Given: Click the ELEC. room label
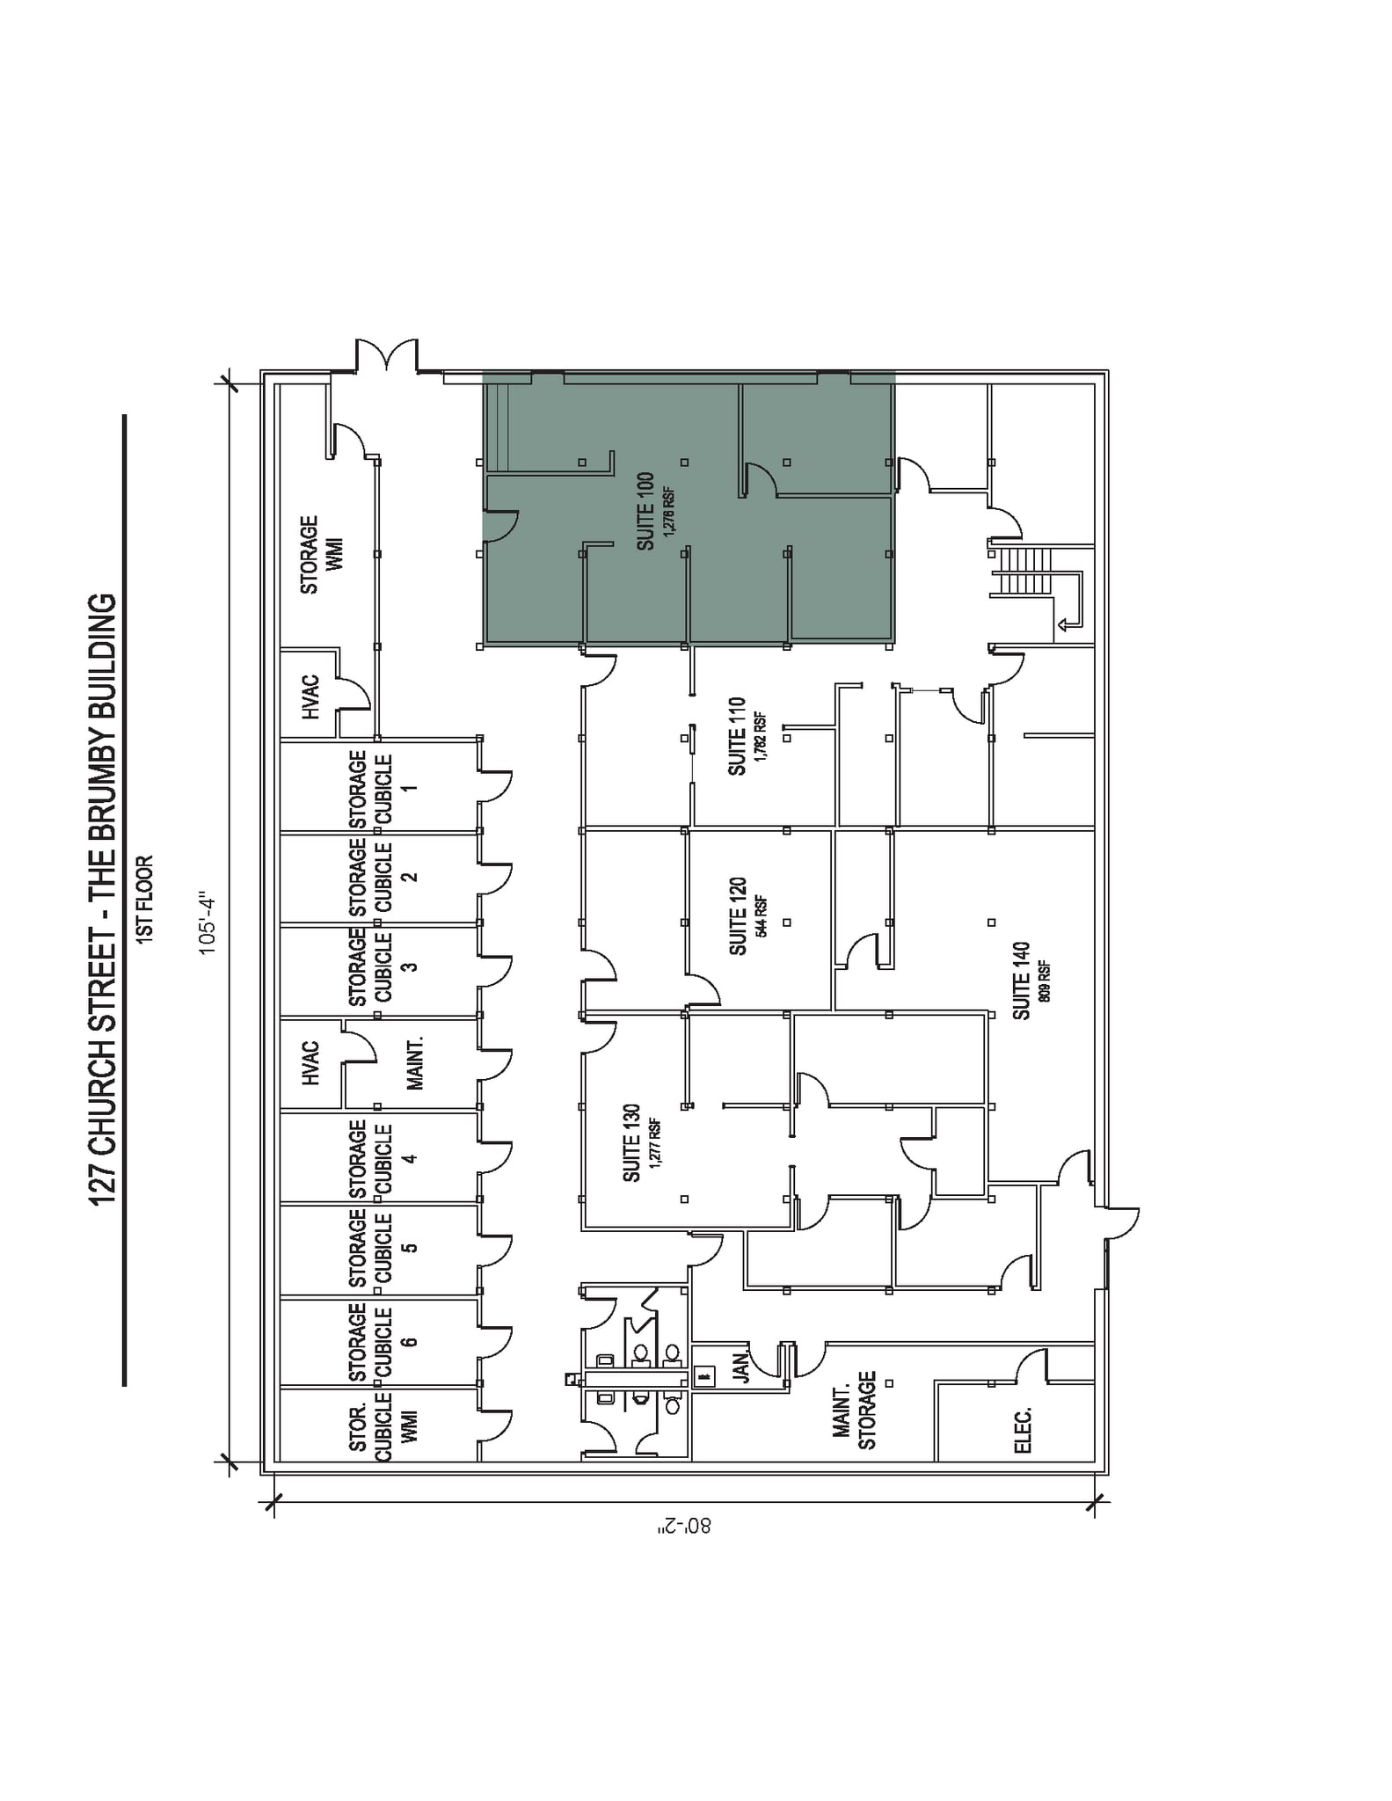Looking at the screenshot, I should point(1024,1430).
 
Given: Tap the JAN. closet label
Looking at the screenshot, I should point(741,1367).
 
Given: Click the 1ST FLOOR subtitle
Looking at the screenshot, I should point(146,900).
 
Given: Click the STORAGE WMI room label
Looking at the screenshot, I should point(321,555).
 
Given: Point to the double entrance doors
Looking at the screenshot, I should point(387,355).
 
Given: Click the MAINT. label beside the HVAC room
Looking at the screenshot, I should point(415,1062).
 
